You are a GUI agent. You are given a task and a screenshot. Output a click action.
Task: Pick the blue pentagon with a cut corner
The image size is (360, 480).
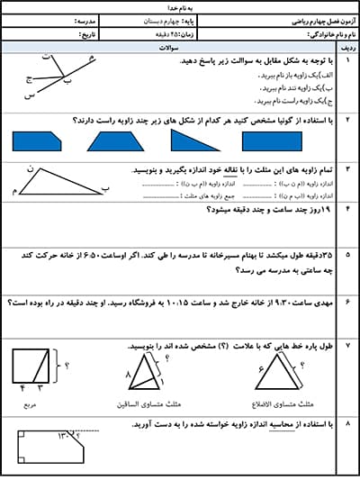37,140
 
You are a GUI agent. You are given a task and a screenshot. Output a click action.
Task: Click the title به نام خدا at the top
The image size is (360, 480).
179,6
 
